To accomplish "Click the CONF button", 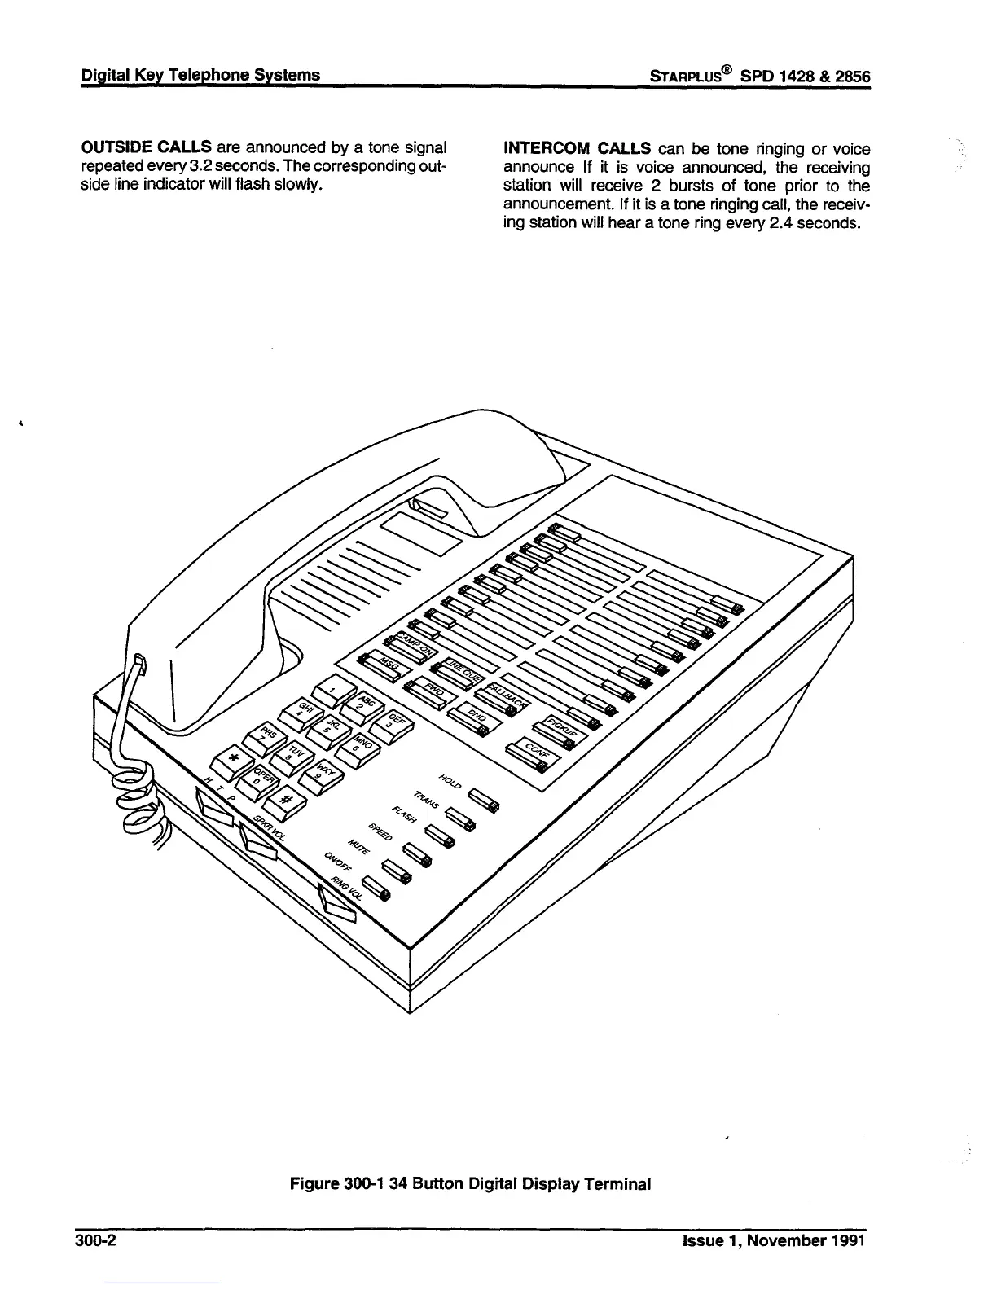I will tap(532, 757).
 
